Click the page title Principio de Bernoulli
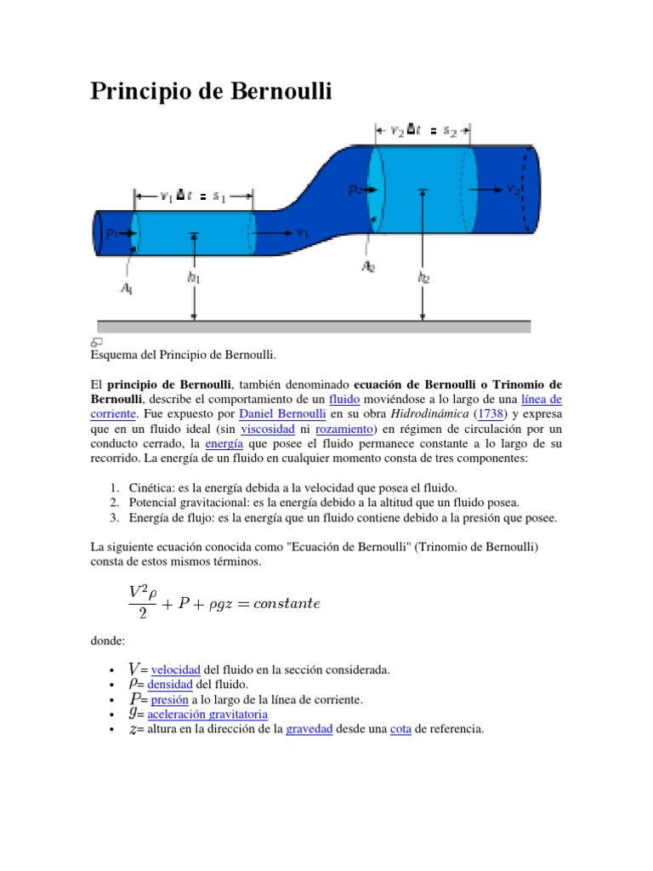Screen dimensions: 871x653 coord(211,91)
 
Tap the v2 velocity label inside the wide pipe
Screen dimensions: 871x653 coord(513,189)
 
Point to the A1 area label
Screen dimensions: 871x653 coord(127,289)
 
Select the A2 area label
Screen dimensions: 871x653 coord(367,266)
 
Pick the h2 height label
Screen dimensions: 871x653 coord(423,277)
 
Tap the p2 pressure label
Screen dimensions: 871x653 coord(355,191)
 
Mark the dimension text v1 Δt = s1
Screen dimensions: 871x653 coord(193,196)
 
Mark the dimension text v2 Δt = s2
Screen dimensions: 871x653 coord(423,131)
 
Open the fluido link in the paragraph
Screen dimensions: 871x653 coord(344,398)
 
